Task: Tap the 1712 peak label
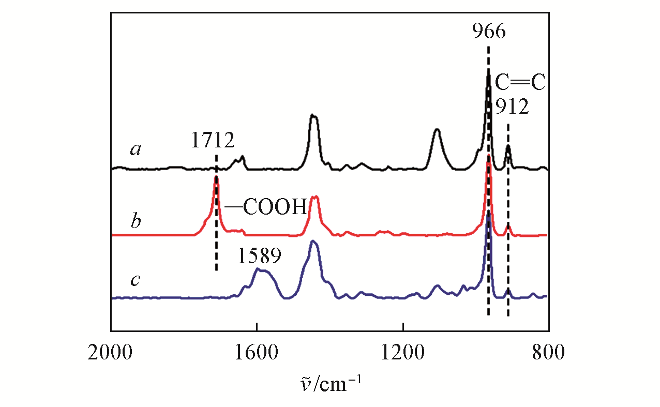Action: (213, 140)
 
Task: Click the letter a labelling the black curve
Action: (136, 150)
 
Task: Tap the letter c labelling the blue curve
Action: (136, 281)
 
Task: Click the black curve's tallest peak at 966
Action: (488, 72)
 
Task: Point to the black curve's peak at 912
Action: (508, 147)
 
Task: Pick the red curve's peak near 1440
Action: (314, 198)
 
